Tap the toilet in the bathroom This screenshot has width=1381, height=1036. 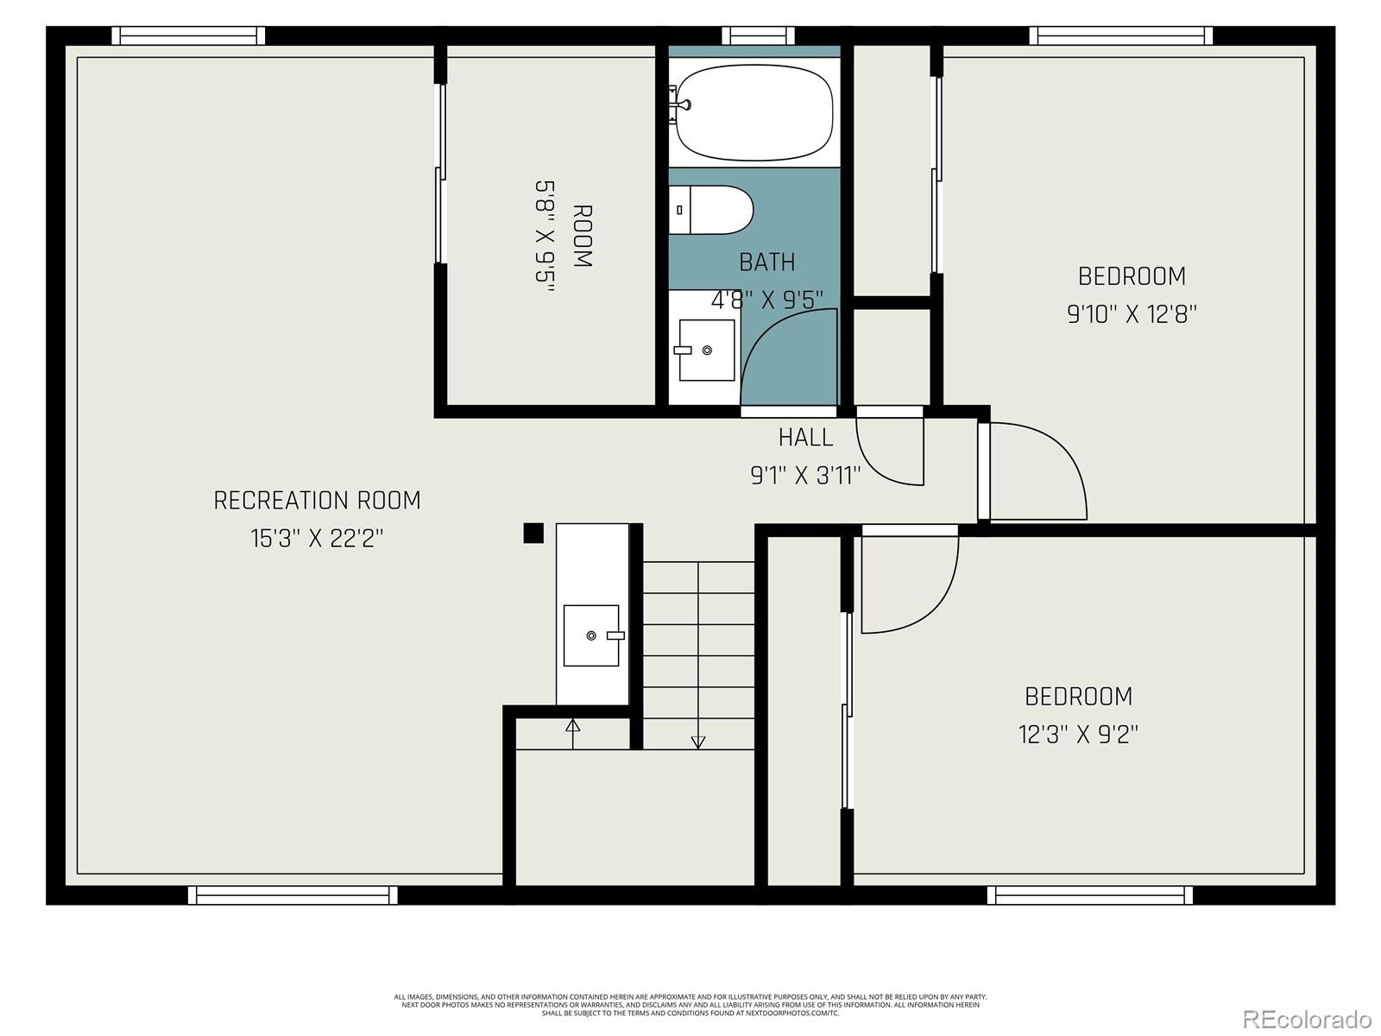[x=711, y=210]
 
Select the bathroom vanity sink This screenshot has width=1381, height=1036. [x=706, y=350]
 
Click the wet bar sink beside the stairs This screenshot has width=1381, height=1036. [x=591, y=635]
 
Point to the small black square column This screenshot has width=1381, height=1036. [x=533, y=533]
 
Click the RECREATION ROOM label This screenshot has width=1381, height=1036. [x=317, y=500]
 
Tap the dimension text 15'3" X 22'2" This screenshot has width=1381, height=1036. [x=317, y=539]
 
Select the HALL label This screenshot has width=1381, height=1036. [x=805, y=438]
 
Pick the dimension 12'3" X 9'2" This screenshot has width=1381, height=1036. [x=1078, y=735]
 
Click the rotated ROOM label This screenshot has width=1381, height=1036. [x=583, y=236]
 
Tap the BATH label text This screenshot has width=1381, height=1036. [x=766, y=262]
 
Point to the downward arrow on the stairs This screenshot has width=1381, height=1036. [x=698, y=742]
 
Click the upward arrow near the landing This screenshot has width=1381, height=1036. [x=572, y=725]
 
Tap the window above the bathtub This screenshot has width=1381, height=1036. [x=758, y=35]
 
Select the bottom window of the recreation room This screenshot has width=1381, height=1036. [x=293, y=895]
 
